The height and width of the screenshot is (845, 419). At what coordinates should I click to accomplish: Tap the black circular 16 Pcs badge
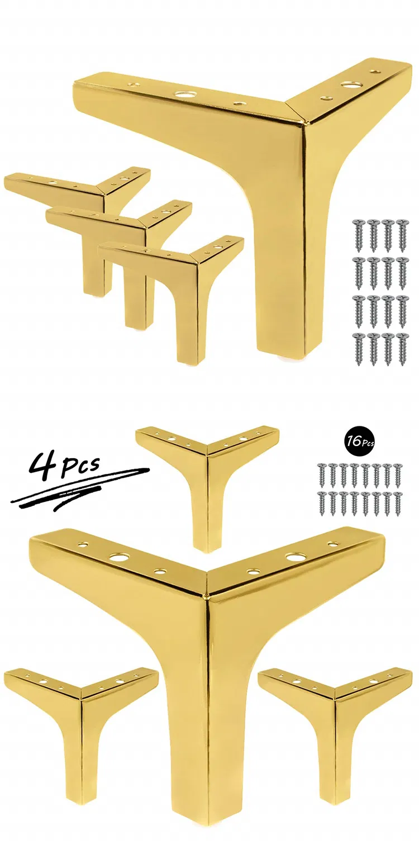point(358,442)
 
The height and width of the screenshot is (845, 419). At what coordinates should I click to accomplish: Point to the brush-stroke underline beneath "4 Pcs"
point(78,491)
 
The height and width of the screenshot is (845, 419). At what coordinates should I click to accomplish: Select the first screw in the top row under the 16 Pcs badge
point(322,474)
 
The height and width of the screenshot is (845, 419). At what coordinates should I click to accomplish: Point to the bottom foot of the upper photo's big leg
point(279,349)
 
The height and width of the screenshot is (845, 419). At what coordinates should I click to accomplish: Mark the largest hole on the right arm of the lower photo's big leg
point(294,557)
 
